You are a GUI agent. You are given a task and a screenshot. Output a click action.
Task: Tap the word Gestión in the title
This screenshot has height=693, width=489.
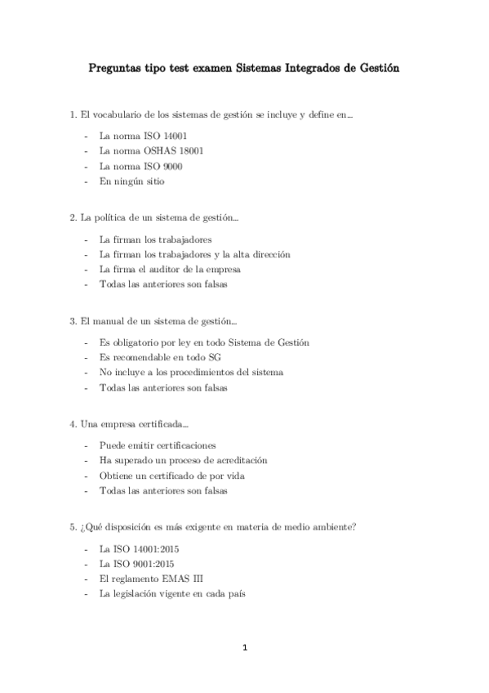[376, 70]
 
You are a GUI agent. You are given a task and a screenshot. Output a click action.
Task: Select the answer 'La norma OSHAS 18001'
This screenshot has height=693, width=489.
[151, 150]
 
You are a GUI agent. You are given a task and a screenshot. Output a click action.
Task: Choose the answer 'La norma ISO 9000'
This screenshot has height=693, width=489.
[140, 166]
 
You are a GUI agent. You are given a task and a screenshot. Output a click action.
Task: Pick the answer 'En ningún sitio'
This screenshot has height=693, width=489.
[131, 181]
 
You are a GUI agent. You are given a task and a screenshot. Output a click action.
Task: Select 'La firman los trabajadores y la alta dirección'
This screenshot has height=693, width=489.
[194, 254]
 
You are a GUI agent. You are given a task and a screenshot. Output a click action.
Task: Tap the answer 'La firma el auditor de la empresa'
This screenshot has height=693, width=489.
[170, 269]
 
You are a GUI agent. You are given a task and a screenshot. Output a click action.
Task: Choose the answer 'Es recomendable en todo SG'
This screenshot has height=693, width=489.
[160, 357]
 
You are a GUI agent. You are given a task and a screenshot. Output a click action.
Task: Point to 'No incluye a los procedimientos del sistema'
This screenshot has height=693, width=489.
[191, 373]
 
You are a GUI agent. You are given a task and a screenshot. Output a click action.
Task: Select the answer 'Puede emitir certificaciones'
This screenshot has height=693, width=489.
[158, 445]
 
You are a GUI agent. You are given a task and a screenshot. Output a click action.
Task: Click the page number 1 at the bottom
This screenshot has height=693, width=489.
[244, 648]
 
